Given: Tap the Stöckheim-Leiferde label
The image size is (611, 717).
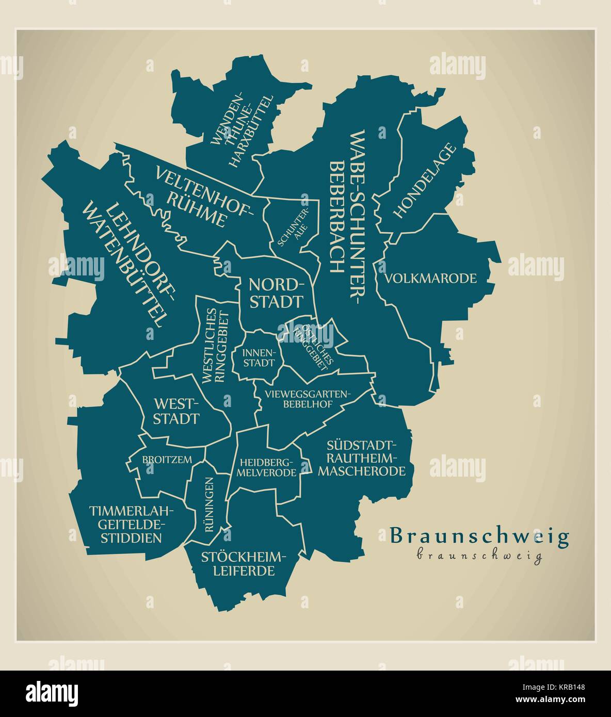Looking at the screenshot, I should coord(243,564).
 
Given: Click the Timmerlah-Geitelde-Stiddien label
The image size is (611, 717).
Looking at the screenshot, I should coord(132,524).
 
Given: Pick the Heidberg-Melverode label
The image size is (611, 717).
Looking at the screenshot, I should coord(266,467).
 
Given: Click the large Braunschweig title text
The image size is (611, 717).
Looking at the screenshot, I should coord(479,536).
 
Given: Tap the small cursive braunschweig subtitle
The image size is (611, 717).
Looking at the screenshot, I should coord(479,556).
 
